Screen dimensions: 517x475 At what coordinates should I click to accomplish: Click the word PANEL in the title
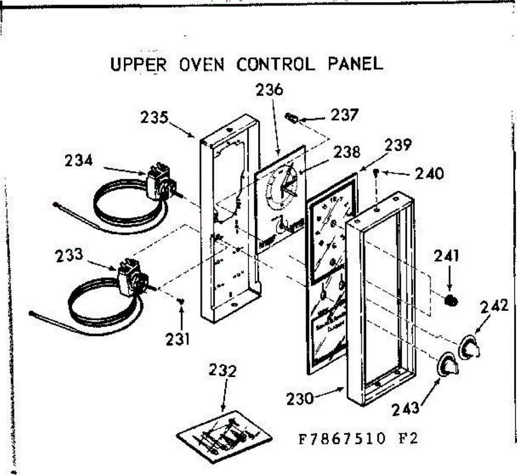[355, 64]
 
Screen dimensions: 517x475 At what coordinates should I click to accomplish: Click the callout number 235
[154, 117]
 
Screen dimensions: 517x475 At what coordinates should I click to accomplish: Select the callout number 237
[344, 115]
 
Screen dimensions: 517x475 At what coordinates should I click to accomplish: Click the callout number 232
[223, 370]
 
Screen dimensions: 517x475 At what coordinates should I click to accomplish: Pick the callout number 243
[405, 407]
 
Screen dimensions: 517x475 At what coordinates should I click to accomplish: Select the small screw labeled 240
[377, 173]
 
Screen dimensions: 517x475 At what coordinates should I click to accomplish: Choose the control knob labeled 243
[448, 366]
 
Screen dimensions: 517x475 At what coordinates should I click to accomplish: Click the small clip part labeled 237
[292, 117]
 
